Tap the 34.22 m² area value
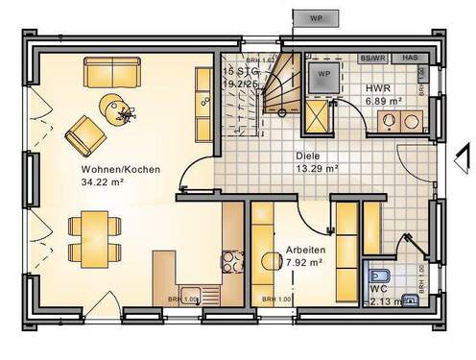pyautogui.click(x=105, y=182)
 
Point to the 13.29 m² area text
pyautogui.click(x=315, y=167)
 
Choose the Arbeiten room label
pyautogui.click(x=304, y=250)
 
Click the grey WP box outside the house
pyautogui.click(x=314, y=18)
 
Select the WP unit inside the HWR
pyautogui.click(x=323, y=74)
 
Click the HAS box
pyautogui.click(x=409, y=58)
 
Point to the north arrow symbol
pyautogui.click(x=463, y=154)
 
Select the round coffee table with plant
pyautogui.click(x=120, y=109)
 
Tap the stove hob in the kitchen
pyautogui.click(x=232, y=261)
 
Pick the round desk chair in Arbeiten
pyautogui.click(x=269, y=260)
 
